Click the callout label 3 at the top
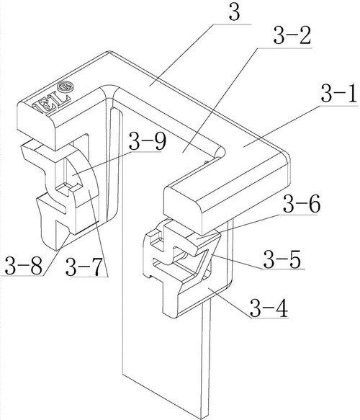(x=235, y=12)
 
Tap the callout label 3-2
(x=292, y=36)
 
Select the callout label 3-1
(x=339, y=93)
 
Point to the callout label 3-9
(x=147, y=141)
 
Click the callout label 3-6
(x=302, y=204)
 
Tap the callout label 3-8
(x=24, y=266)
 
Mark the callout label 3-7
(x=84, y=267)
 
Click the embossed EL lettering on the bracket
(x=51, y=103)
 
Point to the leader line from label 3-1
(x=282, y=125)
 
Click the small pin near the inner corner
(x=207, y=161)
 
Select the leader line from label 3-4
(x=230, y=303)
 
